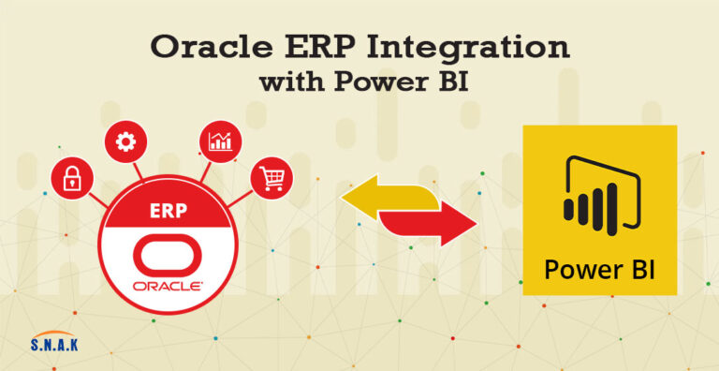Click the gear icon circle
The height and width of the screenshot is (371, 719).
(x=125, y=142)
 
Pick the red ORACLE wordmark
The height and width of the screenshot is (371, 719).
(x=169, y=287)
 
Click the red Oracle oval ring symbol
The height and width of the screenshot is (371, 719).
(x=169, y=256)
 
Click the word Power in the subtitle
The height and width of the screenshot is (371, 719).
(x=377, y=83)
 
